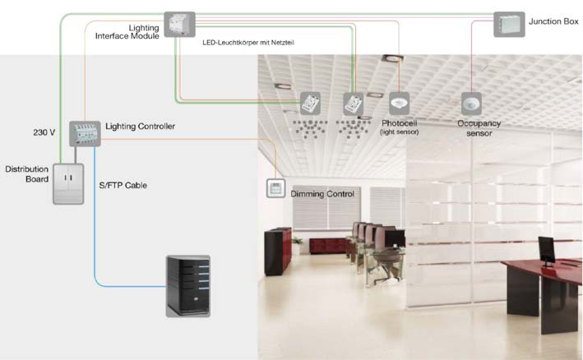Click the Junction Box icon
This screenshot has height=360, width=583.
(509, 24)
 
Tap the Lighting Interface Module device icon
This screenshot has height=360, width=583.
(177, 24)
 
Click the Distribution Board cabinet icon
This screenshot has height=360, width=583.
(69, 182)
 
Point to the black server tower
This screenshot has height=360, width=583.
(188, 285)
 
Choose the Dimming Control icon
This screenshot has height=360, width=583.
(275, 188)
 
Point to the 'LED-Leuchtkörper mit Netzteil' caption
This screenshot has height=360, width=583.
(248, 41)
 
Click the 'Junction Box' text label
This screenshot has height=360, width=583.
(554, 19)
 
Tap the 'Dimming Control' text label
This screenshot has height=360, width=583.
(322, 194)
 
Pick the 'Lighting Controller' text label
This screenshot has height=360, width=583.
(141, 127)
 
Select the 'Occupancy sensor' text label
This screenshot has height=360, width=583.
(479, 127)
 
